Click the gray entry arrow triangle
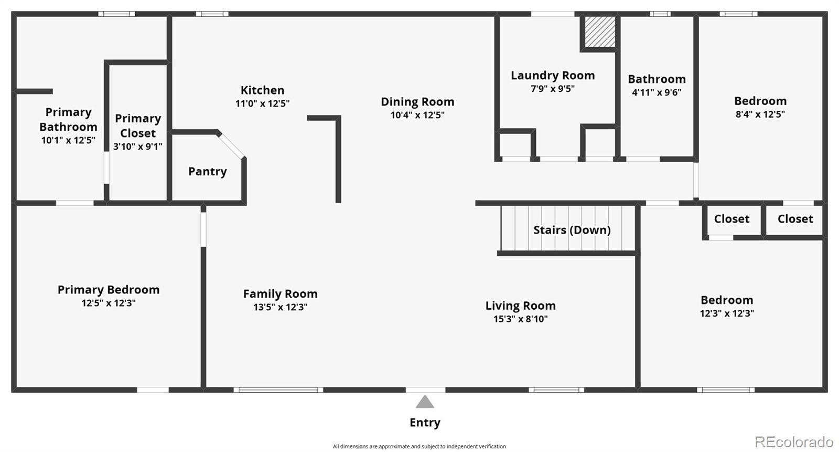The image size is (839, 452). pos(425,402)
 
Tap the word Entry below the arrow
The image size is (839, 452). pos(425,423)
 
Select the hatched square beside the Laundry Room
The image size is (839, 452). pos(600,32)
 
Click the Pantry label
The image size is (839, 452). pos(208,172)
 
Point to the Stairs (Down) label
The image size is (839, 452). pos(572,230)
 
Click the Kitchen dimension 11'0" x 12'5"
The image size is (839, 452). pos(262,103)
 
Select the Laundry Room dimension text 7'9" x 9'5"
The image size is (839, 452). pos(553,89)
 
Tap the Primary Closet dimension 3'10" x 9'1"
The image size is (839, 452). pos(138,146)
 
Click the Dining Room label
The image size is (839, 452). pos(417,102)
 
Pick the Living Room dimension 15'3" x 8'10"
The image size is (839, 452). pos(521,319)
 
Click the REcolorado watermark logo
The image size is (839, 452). pos(794,442)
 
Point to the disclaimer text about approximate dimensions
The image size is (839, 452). pos(419,446)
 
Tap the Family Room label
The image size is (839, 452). pos(280,293)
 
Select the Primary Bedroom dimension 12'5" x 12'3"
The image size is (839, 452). pos(109,303)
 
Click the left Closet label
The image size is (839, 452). pos(732,219)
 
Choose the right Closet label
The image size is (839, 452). pos(795,219)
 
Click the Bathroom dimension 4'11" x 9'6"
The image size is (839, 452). pos(657,92)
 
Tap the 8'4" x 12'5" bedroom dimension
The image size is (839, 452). pos(760,114)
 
